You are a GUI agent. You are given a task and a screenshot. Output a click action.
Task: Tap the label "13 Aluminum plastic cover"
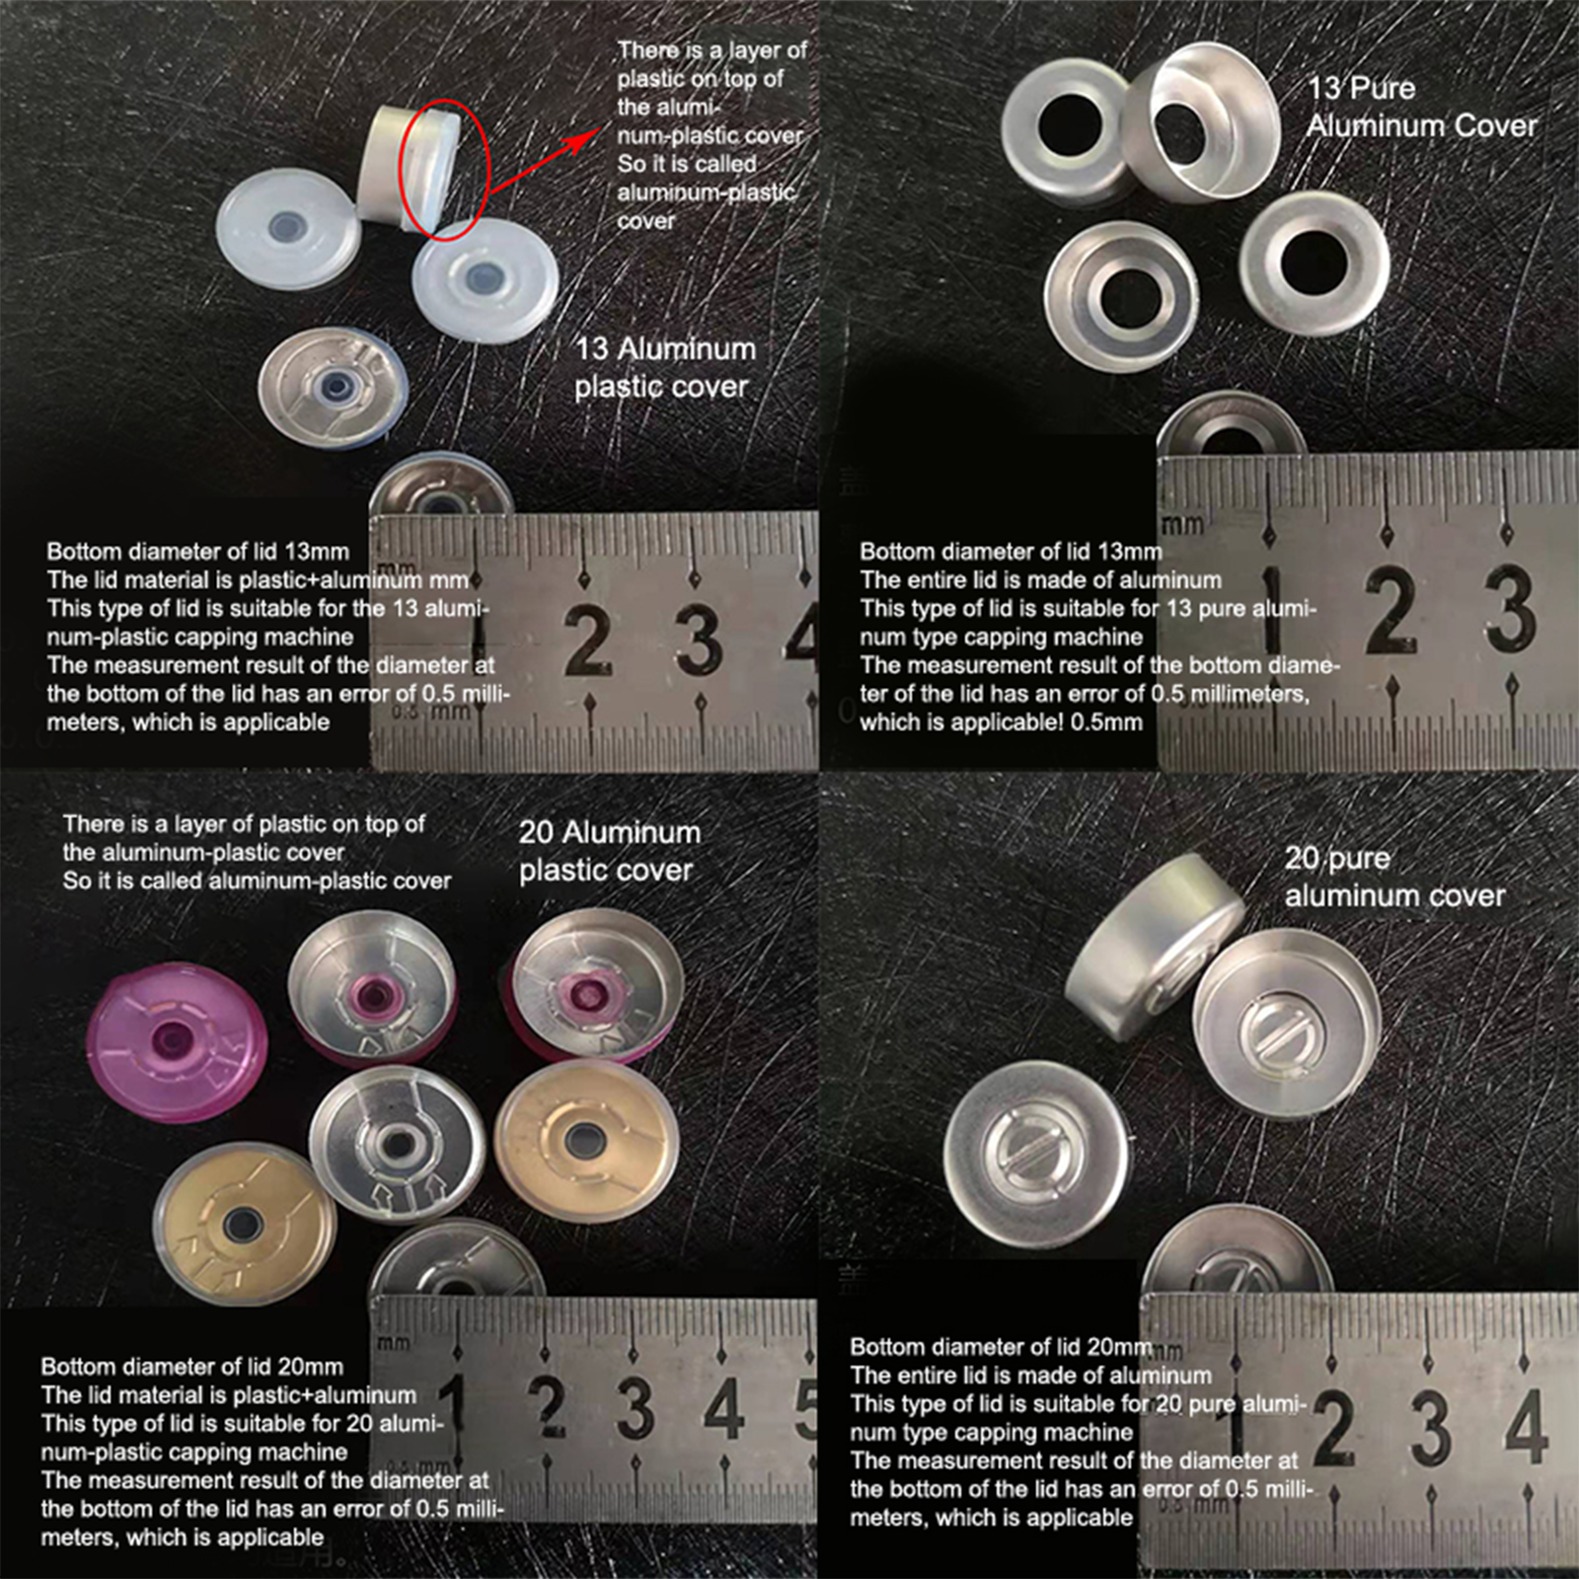click(x=665, y=367)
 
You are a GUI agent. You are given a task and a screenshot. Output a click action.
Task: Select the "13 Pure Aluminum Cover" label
click(x=1422, y=107)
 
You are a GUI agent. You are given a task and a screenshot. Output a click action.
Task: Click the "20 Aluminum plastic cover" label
click(x=610, y=851)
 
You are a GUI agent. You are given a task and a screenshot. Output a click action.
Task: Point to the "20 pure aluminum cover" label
click(x=1394, y=876)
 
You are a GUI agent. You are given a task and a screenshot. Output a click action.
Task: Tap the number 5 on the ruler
click(x=806, y=1406)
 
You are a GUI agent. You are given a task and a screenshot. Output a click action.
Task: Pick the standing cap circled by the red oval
click(x=407, y=167)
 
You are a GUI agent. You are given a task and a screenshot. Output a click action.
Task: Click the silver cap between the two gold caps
click(x=397, y=1145)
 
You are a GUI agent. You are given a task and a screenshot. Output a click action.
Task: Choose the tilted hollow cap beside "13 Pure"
click(x=1202, y=122)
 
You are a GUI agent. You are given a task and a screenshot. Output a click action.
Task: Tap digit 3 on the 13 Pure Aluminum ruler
click(x=1510, y=609)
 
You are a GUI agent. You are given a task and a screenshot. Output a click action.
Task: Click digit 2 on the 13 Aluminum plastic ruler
click(x=588, y=640)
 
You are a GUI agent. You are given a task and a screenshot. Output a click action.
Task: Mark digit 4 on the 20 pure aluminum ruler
click(x=1526, y=1427)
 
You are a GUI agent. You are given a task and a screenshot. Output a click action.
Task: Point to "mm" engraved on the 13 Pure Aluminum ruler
click(x=1182, y=524)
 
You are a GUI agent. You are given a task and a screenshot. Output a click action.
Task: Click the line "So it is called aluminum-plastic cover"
click(x=257, y=880)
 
